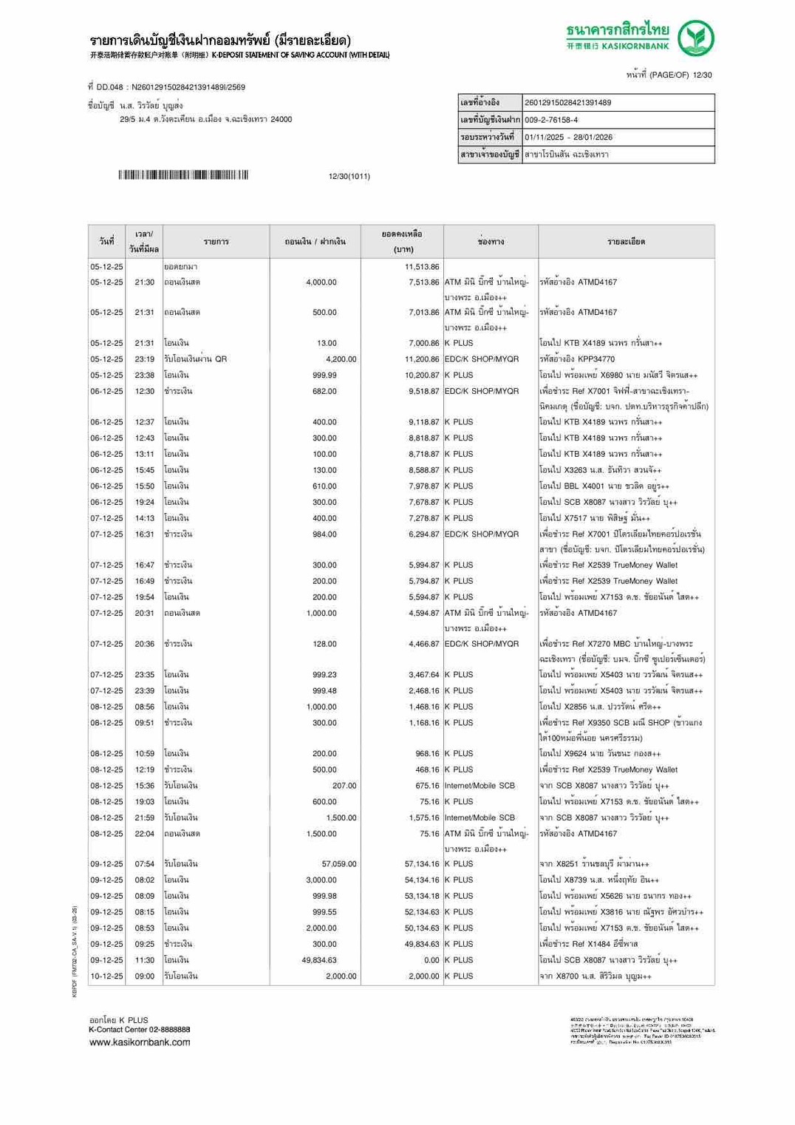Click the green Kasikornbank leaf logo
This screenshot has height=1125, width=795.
tap(696, 38)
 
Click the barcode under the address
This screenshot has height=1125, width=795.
tap(183, 175)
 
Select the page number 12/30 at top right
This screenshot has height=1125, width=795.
tap(702, 75)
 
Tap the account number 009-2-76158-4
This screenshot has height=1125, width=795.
tap(551, 120)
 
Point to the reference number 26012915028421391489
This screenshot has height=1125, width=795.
tap(567, 103)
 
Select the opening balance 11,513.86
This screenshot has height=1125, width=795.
tap(422, 267)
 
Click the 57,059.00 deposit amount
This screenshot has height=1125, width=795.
tap(339, 864)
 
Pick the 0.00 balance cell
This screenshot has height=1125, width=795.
tap(431, 960)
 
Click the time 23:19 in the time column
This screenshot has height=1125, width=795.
tap(145, 359)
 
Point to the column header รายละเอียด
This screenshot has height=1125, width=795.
tap(626, 242)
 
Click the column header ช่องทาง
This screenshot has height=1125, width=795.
tap(491, 242)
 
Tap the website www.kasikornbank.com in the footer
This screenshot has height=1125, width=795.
tap(140, 1042)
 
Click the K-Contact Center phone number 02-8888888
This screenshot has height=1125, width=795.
tap(169, 1030)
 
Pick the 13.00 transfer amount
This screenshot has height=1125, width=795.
tap(327, 343)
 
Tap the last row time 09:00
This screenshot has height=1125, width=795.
tap(145, 976)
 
